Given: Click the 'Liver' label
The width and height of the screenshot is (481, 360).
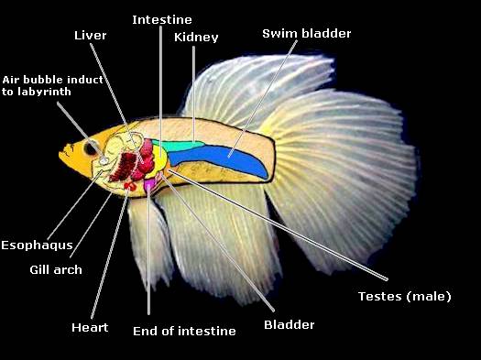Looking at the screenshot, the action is click(x=91, y=35).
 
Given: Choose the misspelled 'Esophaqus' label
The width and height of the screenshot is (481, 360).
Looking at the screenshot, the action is click(x=37, y=245).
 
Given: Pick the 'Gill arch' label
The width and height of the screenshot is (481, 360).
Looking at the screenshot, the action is click(x=55, y=269).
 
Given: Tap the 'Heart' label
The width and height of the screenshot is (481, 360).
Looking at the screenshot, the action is click(x=90, y=327).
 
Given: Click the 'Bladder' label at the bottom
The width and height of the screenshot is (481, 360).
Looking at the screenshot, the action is click(x=289, y=324).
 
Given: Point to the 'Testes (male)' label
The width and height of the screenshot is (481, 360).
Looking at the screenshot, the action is click(x=404, y=296).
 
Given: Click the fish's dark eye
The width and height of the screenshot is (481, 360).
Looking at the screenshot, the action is click(x=90, y=147).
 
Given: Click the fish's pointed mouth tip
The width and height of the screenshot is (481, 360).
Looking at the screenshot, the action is click(x=60, y=157).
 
